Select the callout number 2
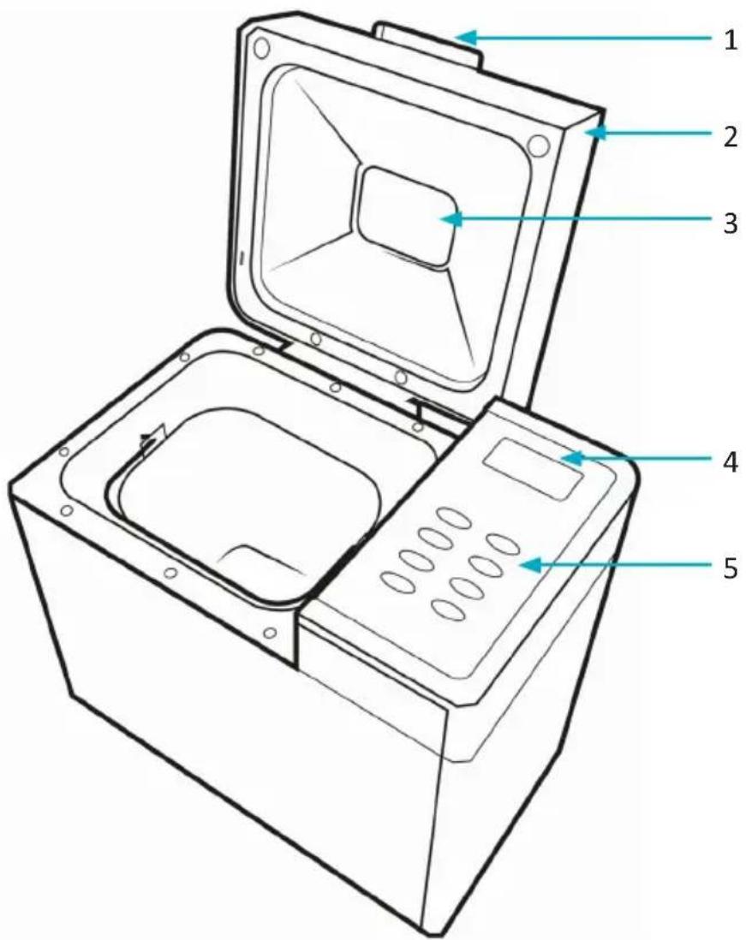pos(730,137)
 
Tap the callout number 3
pos(730,223)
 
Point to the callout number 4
pos(730,461)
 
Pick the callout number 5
pos(730,567)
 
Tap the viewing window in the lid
pos(404,216)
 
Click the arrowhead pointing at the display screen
pos(572,459)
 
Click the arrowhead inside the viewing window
pos(451,219)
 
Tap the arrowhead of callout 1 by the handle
pos(467,38)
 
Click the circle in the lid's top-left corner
pos(261,47)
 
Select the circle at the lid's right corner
pos(539,146)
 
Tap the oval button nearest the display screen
pos(454,518)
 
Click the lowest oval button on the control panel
pos(448,610)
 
